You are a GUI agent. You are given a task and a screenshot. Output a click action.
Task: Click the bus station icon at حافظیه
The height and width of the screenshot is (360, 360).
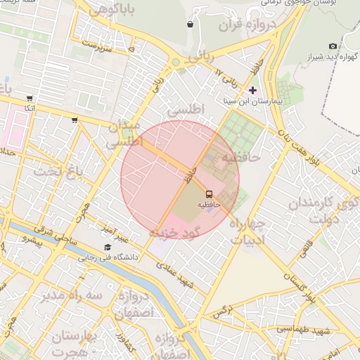coord(209,193)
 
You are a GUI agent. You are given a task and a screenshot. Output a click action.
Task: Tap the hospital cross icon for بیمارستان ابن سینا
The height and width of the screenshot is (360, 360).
coord(253,91)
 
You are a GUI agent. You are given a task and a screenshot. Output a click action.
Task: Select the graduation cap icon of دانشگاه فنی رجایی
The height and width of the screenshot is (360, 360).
coord(108,247)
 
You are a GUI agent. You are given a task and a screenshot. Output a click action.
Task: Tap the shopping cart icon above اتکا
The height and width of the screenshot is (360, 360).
coord(29,98)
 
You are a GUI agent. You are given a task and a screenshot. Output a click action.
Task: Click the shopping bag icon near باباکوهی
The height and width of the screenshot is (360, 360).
coord(190,25)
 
